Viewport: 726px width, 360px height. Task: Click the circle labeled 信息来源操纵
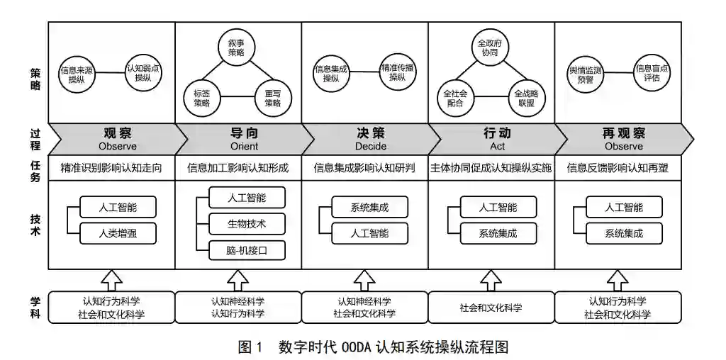coord(77,73)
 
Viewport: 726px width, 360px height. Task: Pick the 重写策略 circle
coord(273,98)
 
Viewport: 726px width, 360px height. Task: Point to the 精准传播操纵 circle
coord(396,72)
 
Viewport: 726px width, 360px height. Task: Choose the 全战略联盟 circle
coord(525,98)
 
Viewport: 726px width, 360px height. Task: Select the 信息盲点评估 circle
coord(652,72)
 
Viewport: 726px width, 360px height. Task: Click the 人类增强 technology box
coord(118,232)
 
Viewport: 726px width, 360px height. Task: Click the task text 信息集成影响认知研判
coord(364,169)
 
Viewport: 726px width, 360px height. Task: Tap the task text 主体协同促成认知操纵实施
coord(491,169)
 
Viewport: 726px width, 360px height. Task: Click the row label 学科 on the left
coord(35,308)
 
